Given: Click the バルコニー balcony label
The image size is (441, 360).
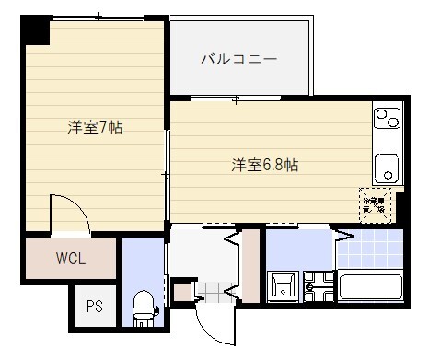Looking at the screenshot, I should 239,60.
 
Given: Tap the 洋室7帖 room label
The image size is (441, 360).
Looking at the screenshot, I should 95,127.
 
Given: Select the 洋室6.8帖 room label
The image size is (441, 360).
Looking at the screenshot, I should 264,166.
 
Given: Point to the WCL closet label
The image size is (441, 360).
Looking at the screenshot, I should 70,259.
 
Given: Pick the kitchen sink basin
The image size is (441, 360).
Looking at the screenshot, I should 385,168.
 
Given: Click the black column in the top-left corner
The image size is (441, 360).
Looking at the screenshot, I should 36,30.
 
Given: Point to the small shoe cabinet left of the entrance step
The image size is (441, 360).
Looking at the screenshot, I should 182,292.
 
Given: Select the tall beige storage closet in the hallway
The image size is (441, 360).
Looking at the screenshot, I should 250,267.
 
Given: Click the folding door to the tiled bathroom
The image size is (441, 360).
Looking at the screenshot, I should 343,235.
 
